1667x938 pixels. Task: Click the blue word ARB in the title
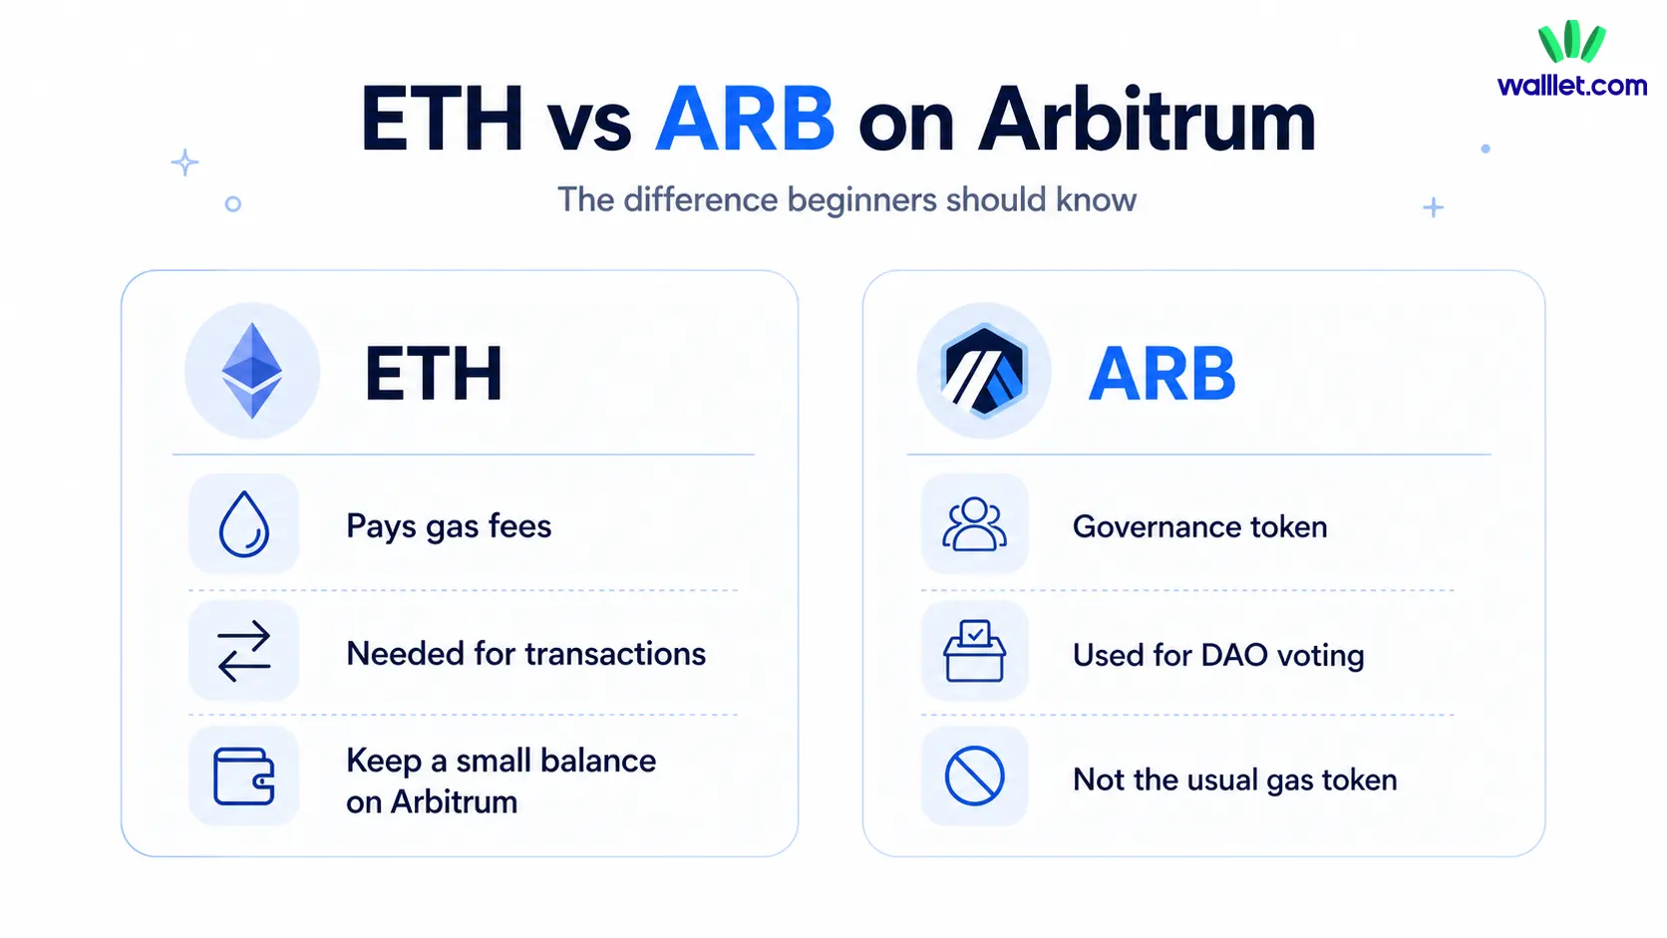745,120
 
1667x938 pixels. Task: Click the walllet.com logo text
1572,86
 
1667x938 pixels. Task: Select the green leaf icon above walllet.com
1571,42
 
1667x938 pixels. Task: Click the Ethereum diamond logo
252,371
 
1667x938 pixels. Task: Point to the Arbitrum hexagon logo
984,371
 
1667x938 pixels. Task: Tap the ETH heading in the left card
434,375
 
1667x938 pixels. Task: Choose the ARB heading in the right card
1162,375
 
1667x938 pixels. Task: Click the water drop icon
244,524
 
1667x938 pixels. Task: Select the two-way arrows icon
244,651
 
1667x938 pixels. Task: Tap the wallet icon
244,777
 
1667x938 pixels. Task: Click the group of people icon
974,524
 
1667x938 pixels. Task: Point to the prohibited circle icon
974,776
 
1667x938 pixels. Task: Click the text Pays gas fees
449,526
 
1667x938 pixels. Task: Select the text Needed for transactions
525,654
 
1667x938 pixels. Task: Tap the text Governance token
1199,526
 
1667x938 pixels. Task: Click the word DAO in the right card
1234,655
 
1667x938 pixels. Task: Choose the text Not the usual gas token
1234,780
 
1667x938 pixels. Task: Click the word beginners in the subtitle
863,199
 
